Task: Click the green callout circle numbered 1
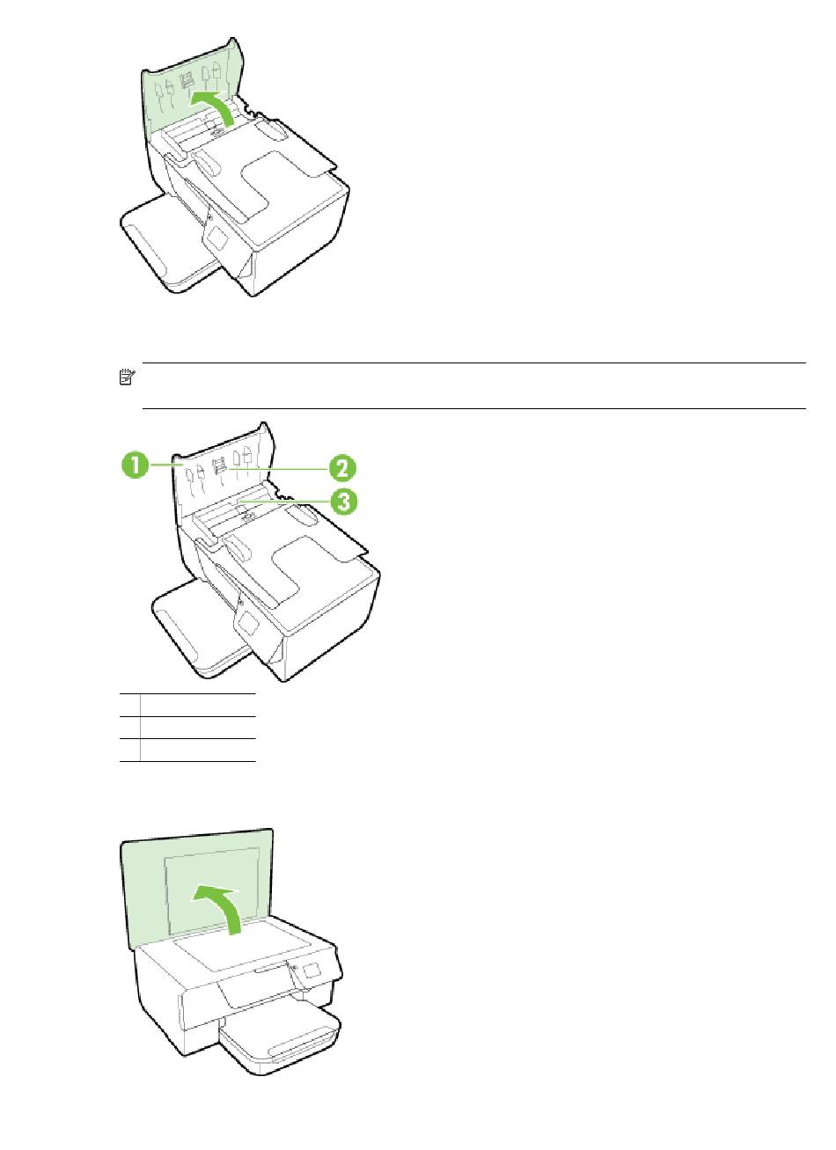click(135, 466)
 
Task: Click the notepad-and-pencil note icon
click(127, 377)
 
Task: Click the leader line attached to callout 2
click(278, 468)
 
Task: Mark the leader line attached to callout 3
click(283, 500)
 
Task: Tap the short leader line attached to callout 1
click(161, 465)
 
